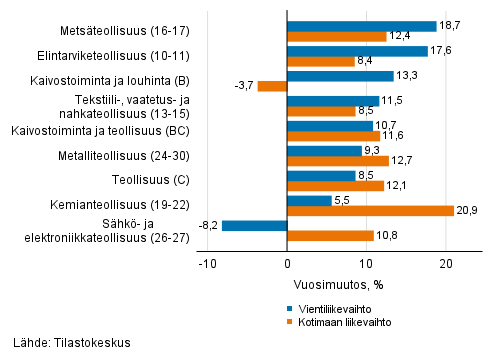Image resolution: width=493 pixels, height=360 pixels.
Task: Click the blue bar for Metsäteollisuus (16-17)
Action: pyautogui.click(x=361, y=25)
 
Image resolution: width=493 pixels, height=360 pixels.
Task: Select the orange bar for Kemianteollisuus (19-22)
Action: pyautogui.click(x=369, y=210)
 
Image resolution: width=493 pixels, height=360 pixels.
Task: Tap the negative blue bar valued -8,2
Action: pyautogui.click(x=254, y=225)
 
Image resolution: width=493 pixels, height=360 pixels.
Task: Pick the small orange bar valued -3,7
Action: pyautogui.click(x=272, y=86)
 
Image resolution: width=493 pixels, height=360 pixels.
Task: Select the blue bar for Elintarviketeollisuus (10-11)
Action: pyautogui.click(x=357, y=50)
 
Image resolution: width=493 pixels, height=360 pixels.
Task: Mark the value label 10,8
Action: pyautogui.click(x=388, y=235)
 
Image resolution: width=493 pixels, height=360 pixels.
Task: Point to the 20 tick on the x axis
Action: pyautogui.click(x=446, y=264)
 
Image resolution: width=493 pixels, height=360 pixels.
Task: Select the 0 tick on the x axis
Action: pyautogui.click(x=287, y=264)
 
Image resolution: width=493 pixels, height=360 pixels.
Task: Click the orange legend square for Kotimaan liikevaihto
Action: pyautogui.click(x=290, y=322)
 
